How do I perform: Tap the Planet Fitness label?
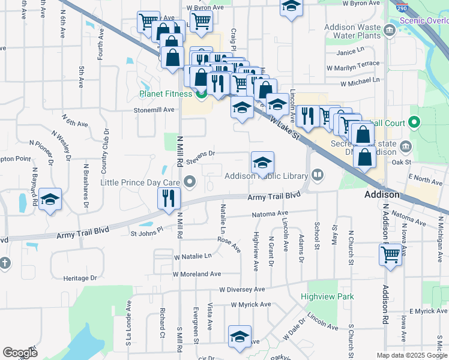click(x=166, y=94)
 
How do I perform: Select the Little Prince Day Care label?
click(x=141, y=182)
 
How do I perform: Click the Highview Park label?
click(x=327, y=296)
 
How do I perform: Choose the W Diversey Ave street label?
click(x=242, y=289)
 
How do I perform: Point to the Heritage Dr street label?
click(x=80, y=278)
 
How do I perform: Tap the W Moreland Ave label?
click(x=197, y=274)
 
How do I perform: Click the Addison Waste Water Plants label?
click(x=353, y=31)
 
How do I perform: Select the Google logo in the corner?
click(x=20, y=353)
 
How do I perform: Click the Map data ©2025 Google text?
click(x=411, y=355)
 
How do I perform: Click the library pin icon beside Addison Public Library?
click(x=318, y=176)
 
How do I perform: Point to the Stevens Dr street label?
click(x=200, y=155)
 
